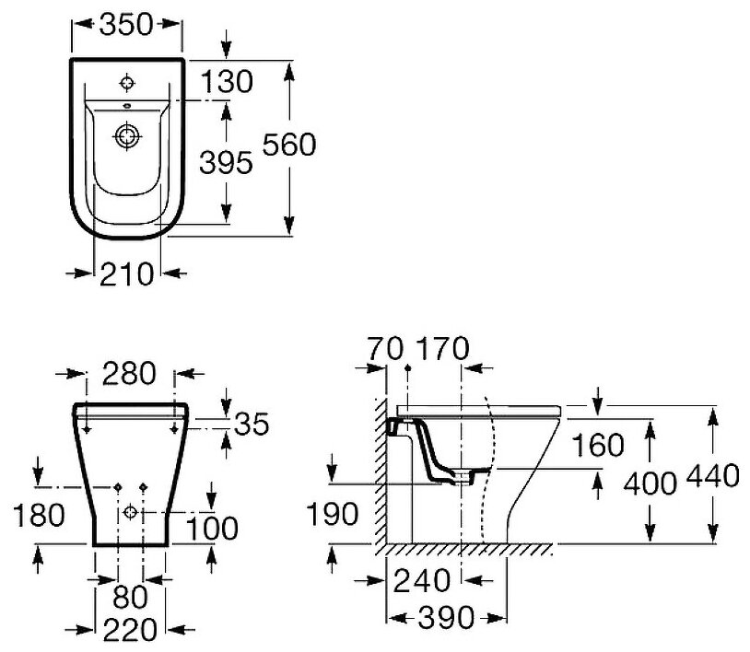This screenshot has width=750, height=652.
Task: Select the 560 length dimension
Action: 289,145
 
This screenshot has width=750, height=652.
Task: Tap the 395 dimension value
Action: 226,164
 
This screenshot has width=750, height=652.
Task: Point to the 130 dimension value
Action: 226,82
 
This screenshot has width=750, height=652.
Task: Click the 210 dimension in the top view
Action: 127,274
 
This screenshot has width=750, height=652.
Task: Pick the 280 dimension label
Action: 129,374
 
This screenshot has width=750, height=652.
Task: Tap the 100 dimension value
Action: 212,529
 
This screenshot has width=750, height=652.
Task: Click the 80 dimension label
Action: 130,597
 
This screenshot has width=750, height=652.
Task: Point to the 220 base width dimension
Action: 129,630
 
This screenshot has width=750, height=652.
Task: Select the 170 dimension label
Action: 443,349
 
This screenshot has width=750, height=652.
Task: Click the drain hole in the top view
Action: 126,136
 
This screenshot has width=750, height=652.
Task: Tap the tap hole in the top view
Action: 126,83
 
